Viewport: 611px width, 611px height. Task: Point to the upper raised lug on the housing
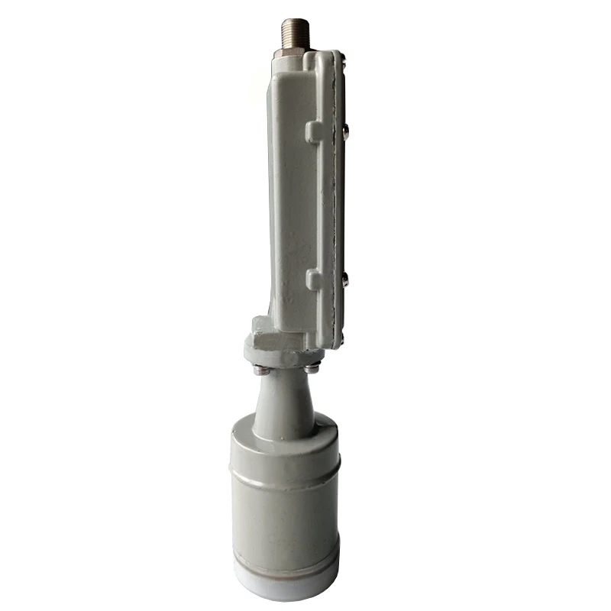click(314, 131)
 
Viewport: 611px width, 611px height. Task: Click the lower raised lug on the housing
click(314, 280)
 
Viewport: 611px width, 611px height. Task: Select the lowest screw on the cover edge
click(341, 336)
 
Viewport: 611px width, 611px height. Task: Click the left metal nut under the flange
click(260, 371)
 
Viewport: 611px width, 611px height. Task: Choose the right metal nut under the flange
click(311, 370)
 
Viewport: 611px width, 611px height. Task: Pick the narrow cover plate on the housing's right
click(335, 199)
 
